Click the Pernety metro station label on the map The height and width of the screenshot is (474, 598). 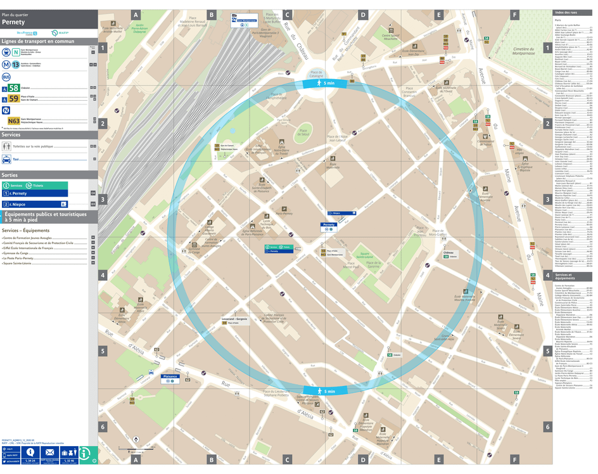(x=328, y=224)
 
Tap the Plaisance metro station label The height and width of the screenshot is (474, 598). (x=170, y=376)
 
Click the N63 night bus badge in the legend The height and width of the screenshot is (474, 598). (x=13, y=120)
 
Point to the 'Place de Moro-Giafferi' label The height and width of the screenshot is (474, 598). (x=437, y=233)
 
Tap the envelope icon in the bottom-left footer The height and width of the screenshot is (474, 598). (x=49, y=452)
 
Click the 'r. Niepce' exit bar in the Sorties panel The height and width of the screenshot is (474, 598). (x=35, y=204)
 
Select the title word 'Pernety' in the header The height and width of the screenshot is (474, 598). (x=13, y=22)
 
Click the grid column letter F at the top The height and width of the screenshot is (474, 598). (x=514, y=15)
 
